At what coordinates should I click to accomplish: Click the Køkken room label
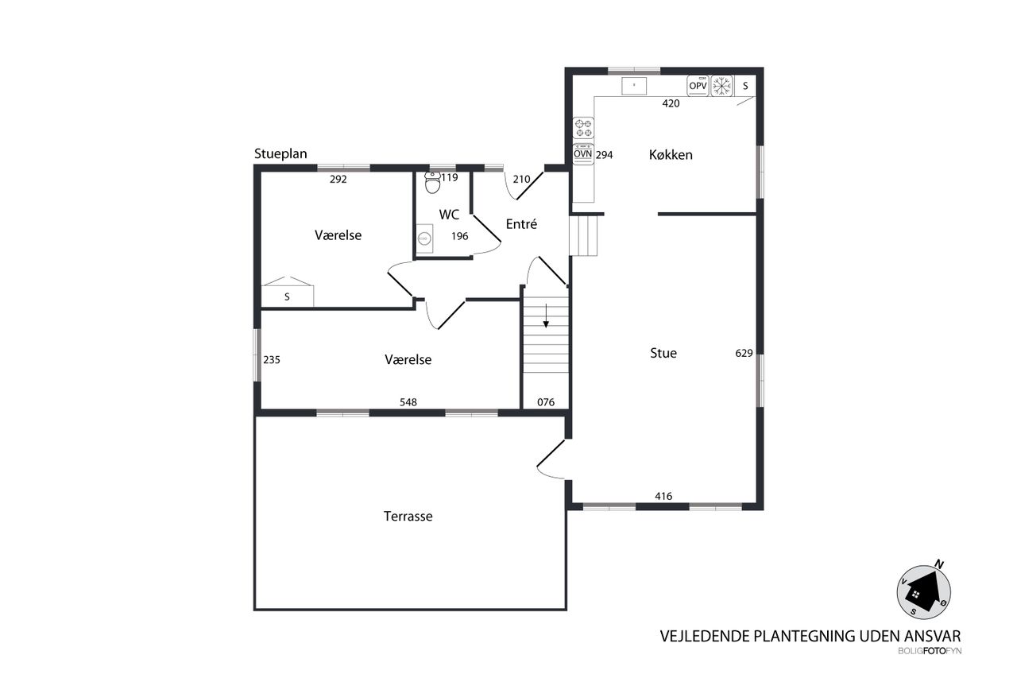tap(671, 155)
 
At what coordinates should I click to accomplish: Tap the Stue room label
tap(663, 353)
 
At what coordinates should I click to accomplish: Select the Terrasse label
tap(408, 516)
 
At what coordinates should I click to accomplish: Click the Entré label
tap(521, 223)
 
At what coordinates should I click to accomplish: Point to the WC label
tap(449, 215)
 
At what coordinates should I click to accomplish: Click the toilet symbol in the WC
tap(433, 183)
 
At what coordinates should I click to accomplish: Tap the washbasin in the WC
tap(424, 238)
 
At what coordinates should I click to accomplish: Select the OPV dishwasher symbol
tap(698, 85)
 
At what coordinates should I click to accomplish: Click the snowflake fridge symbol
tap(721, 86)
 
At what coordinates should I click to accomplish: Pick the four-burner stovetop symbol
tap(583, 128)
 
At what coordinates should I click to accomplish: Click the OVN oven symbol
tap(583, 154)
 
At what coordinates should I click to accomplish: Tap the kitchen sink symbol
tap(634, 86)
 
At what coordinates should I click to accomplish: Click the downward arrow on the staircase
tap(546, 316)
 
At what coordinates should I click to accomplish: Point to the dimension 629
tap(744, 353)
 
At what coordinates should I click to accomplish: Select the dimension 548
tap(408, 402)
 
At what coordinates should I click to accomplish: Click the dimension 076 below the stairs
tap(546, 402)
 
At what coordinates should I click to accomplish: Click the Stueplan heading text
tap(280, 154)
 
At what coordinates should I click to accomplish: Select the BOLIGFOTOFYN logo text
tap(930, 651)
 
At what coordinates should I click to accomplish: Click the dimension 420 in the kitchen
tap(671, 103)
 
